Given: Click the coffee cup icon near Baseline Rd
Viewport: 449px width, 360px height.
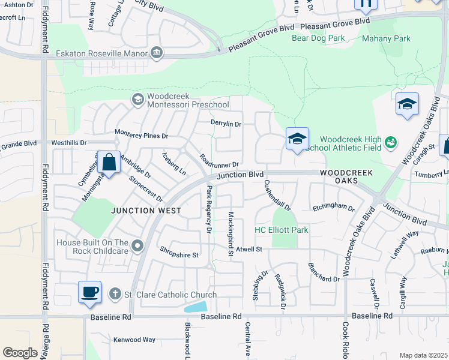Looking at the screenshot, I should pyautogui.click(x=89, y=292).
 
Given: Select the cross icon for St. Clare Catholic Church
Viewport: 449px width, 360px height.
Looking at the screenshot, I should pyautogui.click(x=115, y=294).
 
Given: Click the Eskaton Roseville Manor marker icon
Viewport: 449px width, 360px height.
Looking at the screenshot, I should pyautogui.click(x=157, y=53).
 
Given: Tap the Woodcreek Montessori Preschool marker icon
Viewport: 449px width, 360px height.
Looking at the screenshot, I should pyautogui.click(x=137, y=98).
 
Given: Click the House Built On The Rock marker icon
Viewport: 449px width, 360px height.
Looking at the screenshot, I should pyautogui.click(x=138, y=245).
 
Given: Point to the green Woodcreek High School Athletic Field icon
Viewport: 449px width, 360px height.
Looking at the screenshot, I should pyautogui.click(x=391, y=142).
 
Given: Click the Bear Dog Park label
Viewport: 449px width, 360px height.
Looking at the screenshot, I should pyautogui.click(x=318, y=38).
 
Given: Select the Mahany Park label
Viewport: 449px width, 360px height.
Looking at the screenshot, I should pyautogui.click(x=386, y=38).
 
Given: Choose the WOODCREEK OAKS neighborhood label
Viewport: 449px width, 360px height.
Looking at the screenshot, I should pyautogui.click(x=346, y=176).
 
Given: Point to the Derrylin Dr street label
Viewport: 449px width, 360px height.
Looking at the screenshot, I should pyautogui.click(x=226, y=124).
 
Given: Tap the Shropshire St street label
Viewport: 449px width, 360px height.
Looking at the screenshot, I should pyautogui.click(x=178, y=254).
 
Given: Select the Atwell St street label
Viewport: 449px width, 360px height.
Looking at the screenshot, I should pyautogui.click(x=249, y=248).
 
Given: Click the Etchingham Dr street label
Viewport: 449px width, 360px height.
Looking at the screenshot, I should pyautogui.click(x=333, y=207).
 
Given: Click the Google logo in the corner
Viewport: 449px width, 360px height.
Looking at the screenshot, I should pyautogui.click(x=20, y=353).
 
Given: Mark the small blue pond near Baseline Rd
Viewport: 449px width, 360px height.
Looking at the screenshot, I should pyautogui.click(x=196, y=307).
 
